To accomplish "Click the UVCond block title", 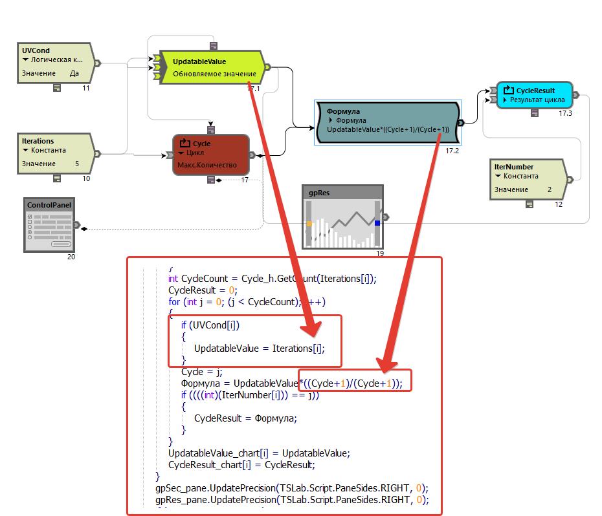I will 36,50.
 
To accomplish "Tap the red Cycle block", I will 211,154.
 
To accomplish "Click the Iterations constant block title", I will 38,141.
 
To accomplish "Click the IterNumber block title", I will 514,167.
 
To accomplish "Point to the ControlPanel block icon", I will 49,226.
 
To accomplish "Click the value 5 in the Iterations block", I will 77,164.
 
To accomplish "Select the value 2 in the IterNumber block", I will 550,189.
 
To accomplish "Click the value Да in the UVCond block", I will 74,73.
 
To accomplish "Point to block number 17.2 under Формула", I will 452,151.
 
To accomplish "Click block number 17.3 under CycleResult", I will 566,113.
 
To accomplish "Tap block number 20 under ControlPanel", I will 71,257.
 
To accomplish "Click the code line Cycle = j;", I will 201,372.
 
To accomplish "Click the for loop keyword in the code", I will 174,302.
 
